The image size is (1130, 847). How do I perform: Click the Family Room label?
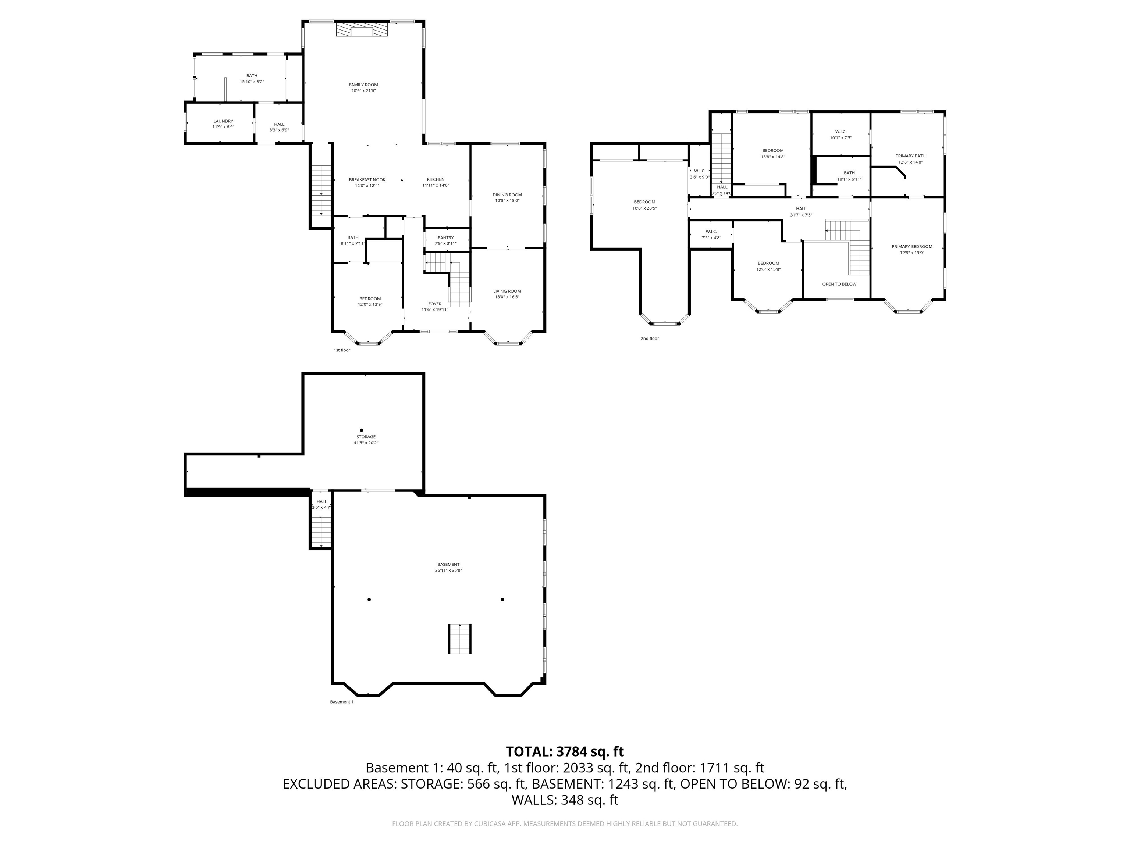pos(363,85)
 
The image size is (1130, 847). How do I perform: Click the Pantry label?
pos(445,238)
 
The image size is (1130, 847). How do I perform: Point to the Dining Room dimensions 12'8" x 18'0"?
pos(507,201)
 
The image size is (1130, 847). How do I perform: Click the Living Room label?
pos(507,291)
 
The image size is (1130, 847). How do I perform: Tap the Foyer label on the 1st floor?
pos(435,304)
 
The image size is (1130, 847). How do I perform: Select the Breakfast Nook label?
pos(367,180)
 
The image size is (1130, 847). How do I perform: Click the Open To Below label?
pos(839,284)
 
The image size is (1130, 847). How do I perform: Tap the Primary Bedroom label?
pos(912,247)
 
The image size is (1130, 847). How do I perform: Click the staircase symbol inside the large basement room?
pos(460,638)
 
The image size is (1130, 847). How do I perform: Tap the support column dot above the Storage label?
pos(362,430)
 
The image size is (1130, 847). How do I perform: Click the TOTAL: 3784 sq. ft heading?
pos(565,751)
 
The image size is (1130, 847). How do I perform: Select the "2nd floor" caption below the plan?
pos(650,339)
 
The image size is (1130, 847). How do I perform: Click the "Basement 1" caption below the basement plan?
pos(341,702)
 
